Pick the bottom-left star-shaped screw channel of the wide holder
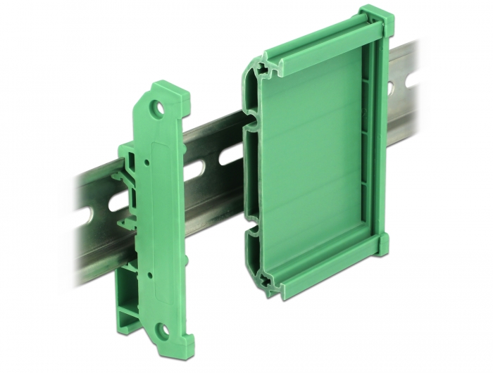[266, 280]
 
